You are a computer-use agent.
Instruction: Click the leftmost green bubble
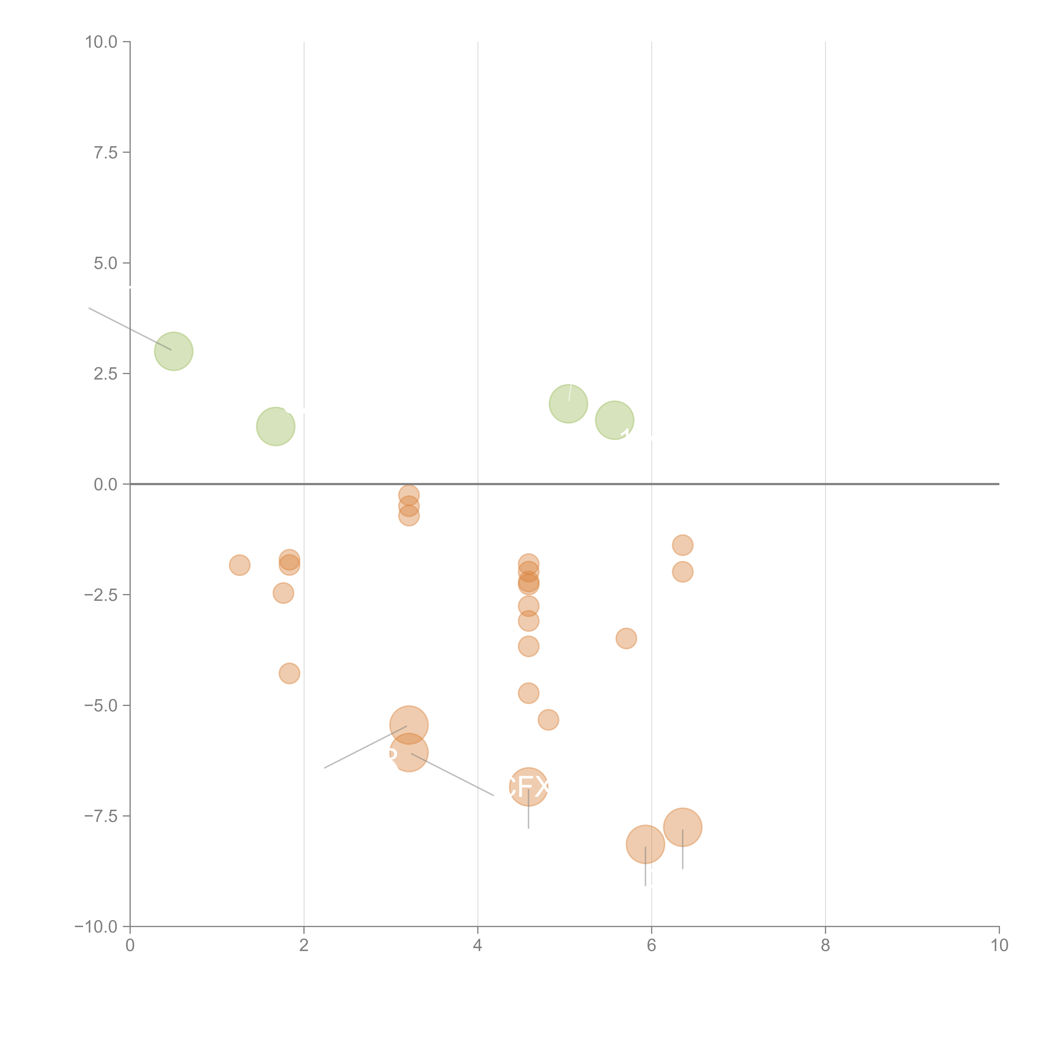click(173, 351)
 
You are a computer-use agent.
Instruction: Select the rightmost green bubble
click(614, 420)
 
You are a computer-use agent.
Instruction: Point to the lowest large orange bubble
click(645, 844)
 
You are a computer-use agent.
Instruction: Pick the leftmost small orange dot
click(239, 565)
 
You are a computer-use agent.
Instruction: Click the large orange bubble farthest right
click(683, 827)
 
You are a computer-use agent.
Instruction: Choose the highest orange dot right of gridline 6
click(683, 545)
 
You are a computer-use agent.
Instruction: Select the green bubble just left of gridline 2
click(275, 426)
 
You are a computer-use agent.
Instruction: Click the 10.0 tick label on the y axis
click(101, 42)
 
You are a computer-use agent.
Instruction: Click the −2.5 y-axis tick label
click(101, 595)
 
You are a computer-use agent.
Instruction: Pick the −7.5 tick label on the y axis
click(101, 816)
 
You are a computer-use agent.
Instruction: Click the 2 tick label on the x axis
click(304, 946)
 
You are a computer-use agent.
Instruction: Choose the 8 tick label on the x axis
click(826, 946)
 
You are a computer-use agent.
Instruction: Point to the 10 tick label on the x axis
click(999, 946)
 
